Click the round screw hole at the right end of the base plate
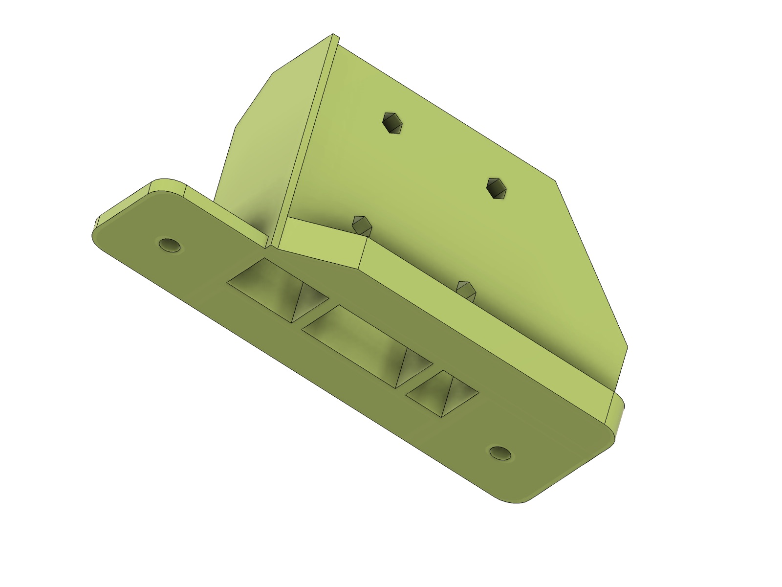pyautogui.click(x=501, y=452)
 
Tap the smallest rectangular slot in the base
pyautogui.click(x=441, y=393)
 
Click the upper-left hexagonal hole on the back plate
pyautogui.click(x=393, y=123)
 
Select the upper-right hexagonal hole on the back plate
pyautogui.click(x=498, y=188)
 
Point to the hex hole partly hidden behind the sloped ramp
pyautogui.click(x=362, y=225)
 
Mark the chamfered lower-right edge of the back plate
pyautogui.click(x=591, y=264)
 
